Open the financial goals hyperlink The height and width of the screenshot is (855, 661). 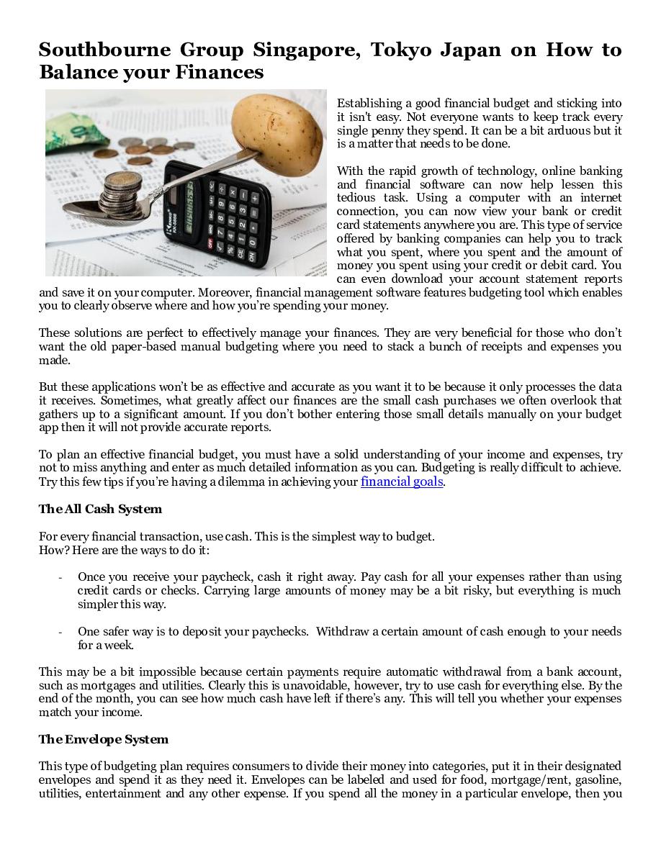click(x=401, y=481)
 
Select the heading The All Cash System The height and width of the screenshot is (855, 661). click(x=100, y=509)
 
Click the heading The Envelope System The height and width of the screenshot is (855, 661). click(x=103, y=739)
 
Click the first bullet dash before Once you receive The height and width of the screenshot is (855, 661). click(x=60, y=577)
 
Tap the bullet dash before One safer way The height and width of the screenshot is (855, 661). click(x=60, y=632)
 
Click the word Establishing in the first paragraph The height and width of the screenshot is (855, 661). click(x=371, y=104)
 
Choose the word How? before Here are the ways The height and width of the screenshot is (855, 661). click(x=53, y=550)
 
